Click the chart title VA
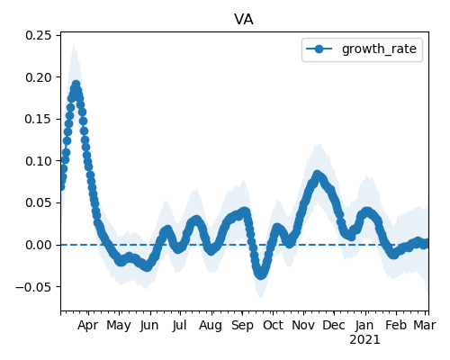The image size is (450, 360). [x=244, y=20]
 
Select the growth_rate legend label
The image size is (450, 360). [x=379, y=49]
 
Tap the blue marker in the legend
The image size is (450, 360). [x=319, y=49]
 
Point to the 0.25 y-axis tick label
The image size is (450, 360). [x=39, y=35]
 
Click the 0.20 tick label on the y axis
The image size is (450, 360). [x=39, y=77]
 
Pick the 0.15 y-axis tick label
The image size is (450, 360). [x=39, y=119]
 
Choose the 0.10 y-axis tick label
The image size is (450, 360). [x=39, y=161]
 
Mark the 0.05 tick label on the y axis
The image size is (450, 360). [x=39, y=203]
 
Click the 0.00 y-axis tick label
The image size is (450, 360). [x=39, y=245]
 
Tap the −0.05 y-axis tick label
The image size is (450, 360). [x=33, y=287]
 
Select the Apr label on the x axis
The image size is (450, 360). [x=88, y=325]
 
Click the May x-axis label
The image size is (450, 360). [x=119, y=325]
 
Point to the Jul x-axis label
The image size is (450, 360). [x=180, y=325]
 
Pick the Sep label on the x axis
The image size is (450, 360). [x=242, y=325]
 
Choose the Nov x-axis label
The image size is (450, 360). [x=303, y=325]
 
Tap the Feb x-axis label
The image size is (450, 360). [x=396, y=325]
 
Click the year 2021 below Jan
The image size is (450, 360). [x=364, y=340]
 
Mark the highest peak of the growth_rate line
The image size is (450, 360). [x=76, y=85]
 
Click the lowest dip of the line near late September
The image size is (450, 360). [x=260, y=275]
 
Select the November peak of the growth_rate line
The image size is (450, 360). [x=318, y=175]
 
